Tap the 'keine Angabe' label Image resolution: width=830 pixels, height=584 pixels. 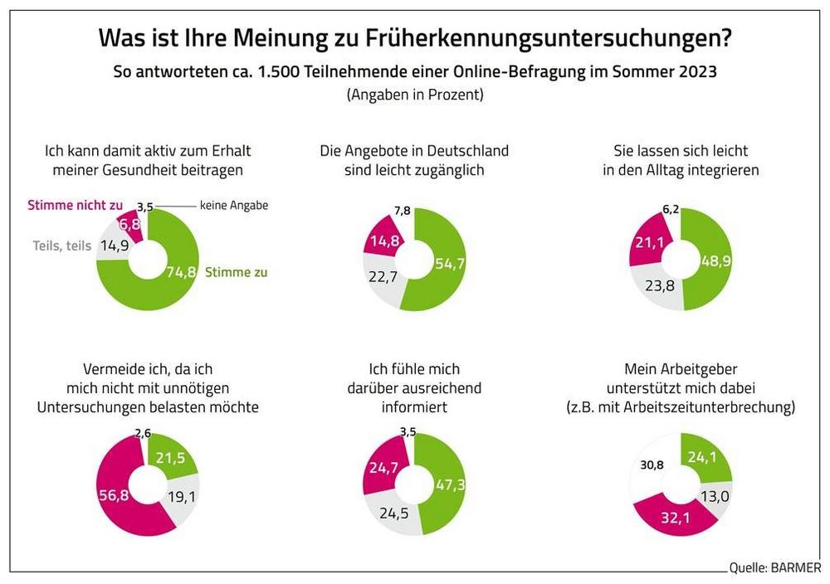click(234, 205)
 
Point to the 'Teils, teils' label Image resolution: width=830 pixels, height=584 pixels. click(62, 246)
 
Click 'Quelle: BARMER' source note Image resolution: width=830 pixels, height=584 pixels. click(774, 568)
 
